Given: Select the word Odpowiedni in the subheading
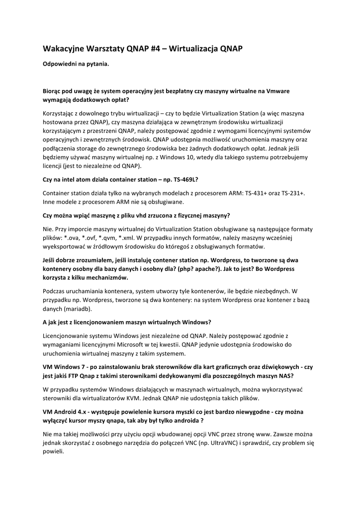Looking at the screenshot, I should pyautogui.click(x=60, y=64).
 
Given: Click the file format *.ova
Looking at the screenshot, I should pyautogui.click(x=71, y=238).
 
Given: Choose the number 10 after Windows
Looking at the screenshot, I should pyautogui.click(x=188, y=157).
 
